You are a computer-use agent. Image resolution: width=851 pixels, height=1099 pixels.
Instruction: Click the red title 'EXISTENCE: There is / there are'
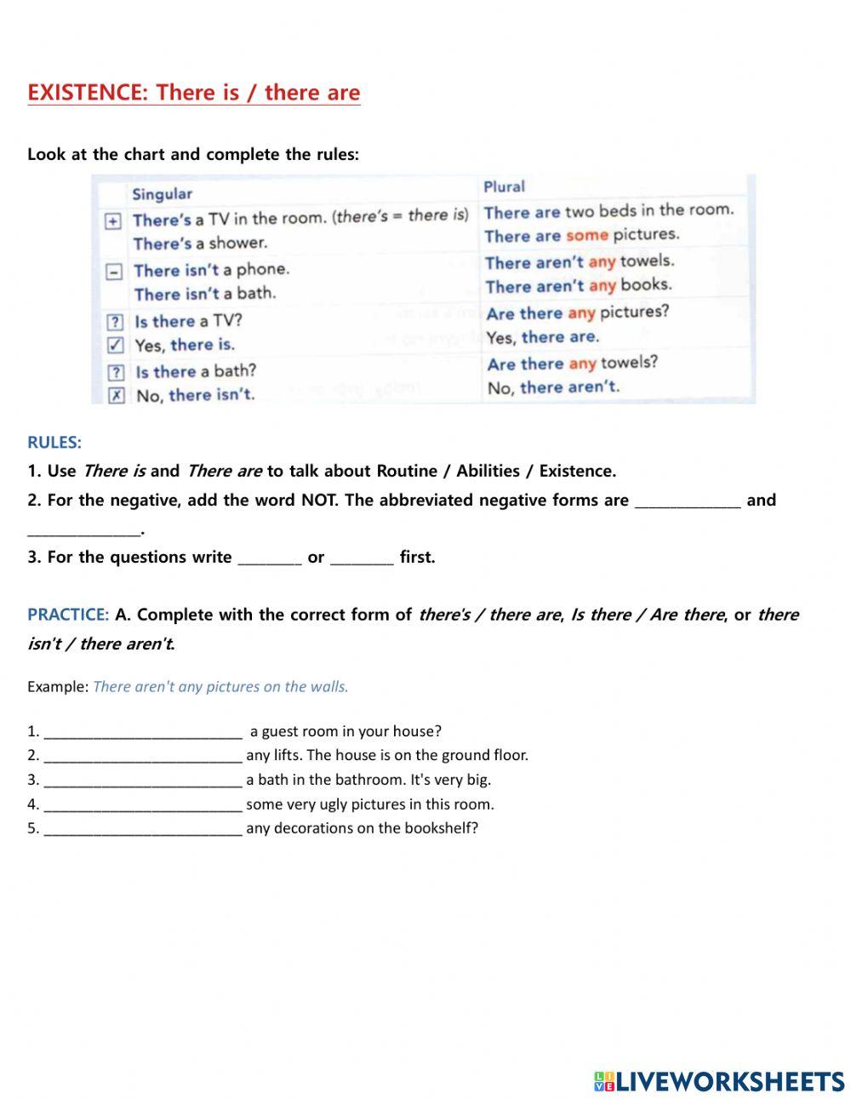193,93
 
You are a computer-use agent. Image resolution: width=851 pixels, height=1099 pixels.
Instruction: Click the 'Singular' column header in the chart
162,194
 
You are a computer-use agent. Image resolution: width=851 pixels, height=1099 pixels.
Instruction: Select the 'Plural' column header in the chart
504,186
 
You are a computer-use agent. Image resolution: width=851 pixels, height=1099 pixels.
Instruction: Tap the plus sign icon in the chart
112,221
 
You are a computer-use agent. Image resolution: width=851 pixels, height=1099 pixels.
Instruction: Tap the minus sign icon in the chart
113,272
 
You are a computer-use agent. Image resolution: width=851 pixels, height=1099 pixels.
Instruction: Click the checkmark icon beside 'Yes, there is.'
116,345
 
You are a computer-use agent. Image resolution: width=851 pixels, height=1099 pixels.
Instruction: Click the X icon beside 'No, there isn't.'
117,395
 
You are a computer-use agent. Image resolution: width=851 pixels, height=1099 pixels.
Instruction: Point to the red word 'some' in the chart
586,235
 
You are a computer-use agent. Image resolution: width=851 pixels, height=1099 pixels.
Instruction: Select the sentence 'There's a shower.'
200,243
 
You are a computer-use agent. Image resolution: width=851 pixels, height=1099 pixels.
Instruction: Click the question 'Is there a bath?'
196,371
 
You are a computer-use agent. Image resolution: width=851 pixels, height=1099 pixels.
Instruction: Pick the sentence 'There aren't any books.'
578,286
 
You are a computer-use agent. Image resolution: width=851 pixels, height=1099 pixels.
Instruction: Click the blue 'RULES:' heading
54,443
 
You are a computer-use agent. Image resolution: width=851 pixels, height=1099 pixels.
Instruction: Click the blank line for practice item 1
143,732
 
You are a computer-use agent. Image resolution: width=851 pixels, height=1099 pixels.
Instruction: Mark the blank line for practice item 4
143,805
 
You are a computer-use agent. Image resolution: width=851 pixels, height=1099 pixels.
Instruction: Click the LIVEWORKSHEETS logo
719,1081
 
